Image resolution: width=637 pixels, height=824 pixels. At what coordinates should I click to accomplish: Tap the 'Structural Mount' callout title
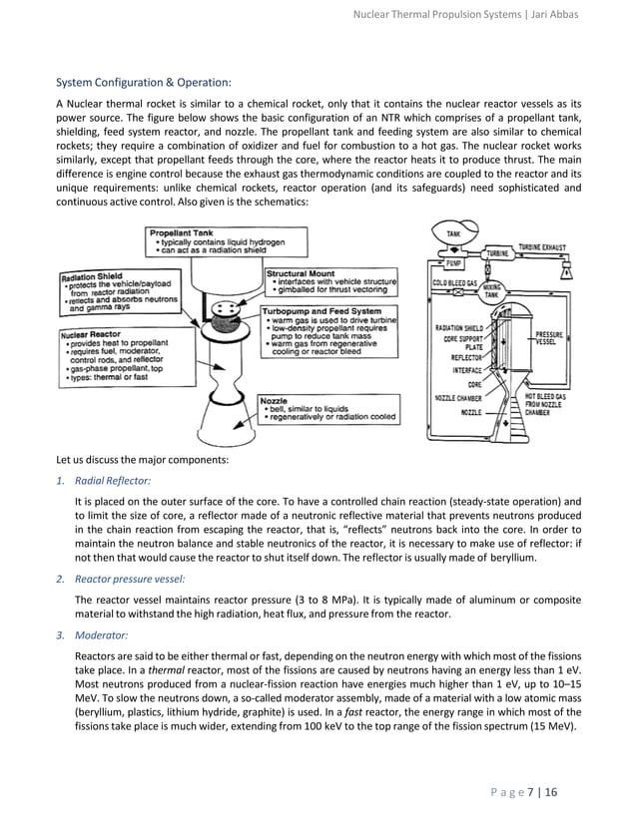301,272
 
